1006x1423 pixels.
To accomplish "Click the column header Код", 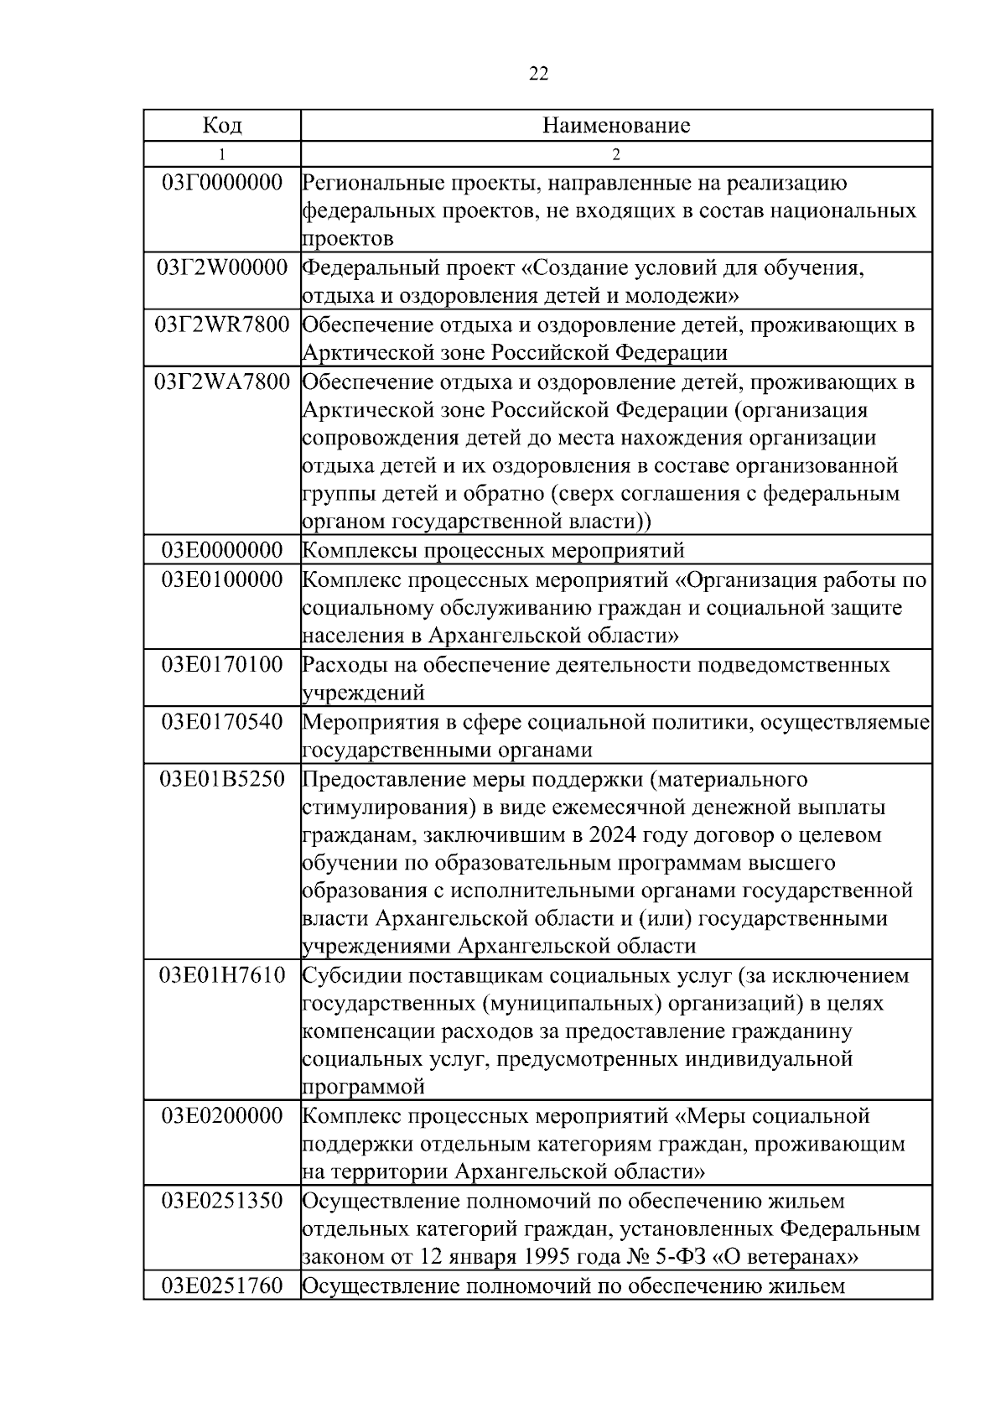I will click(x=222, y=126).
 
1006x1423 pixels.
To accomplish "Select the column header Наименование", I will click(x=616, y=126).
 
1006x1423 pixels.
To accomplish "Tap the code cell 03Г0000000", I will click(x=222, y=183).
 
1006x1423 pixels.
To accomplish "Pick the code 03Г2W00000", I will click(x=222, y=268).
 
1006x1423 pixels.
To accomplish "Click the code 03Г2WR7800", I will click(x=222, y=325).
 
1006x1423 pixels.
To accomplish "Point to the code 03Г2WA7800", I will click(x=222, y=382).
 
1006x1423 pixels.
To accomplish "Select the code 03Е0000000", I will click(x=222, y=550).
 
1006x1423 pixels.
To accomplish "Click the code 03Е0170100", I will click(x=222, y=665).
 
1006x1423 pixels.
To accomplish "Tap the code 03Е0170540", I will click(x=222, y=722).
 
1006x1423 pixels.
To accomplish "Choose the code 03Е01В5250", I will click(x=222, y=779).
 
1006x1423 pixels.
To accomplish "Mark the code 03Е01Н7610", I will click(x=222, y=975).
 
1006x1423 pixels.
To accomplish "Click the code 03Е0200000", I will click(x=222, y=1116).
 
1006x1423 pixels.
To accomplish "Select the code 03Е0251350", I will click(x=222, y=1201).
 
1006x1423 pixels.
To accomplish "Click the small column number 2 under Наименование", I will click(x=616, y=154).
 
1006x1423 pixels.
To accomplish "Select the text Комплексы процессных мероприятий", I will click(x=493, y=551).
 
